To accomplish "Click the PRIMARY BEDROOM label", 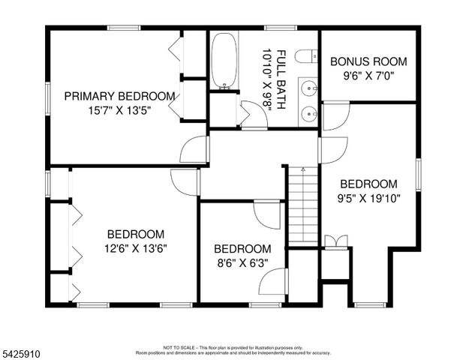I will (x=119, y=96).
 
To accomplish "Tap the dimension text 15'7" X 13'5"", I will (x=119, y=109).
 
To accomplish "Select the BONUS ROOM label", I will (x=368, y=61).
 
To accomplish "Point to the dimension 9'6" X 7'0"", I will (x=368, y=75).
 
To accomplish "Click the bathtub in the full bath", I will (x=223, y=60).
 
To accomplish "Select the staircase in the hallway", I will (x=303, y=207).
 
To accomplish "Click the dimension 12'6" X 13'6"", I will (x=135, y=247).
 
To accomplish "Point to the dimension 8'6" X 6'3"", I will (x=242, y=262).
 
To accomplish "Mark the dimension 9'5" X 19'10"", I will (x=368, y=198).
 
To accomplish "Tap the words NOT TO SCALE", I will (x=178, y=348).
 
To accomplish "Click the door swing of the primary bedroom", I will (x=196, y=149).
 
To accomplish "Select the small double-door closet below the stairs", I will (x=335, y=241).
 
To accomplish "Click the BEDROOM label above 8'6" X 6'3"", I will (x=242, y=249).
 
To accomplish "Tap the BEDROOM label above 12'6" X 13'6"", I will (x=135, y=234).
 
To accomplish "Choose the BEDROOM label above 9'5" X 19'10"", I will (x=368, y=184).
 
